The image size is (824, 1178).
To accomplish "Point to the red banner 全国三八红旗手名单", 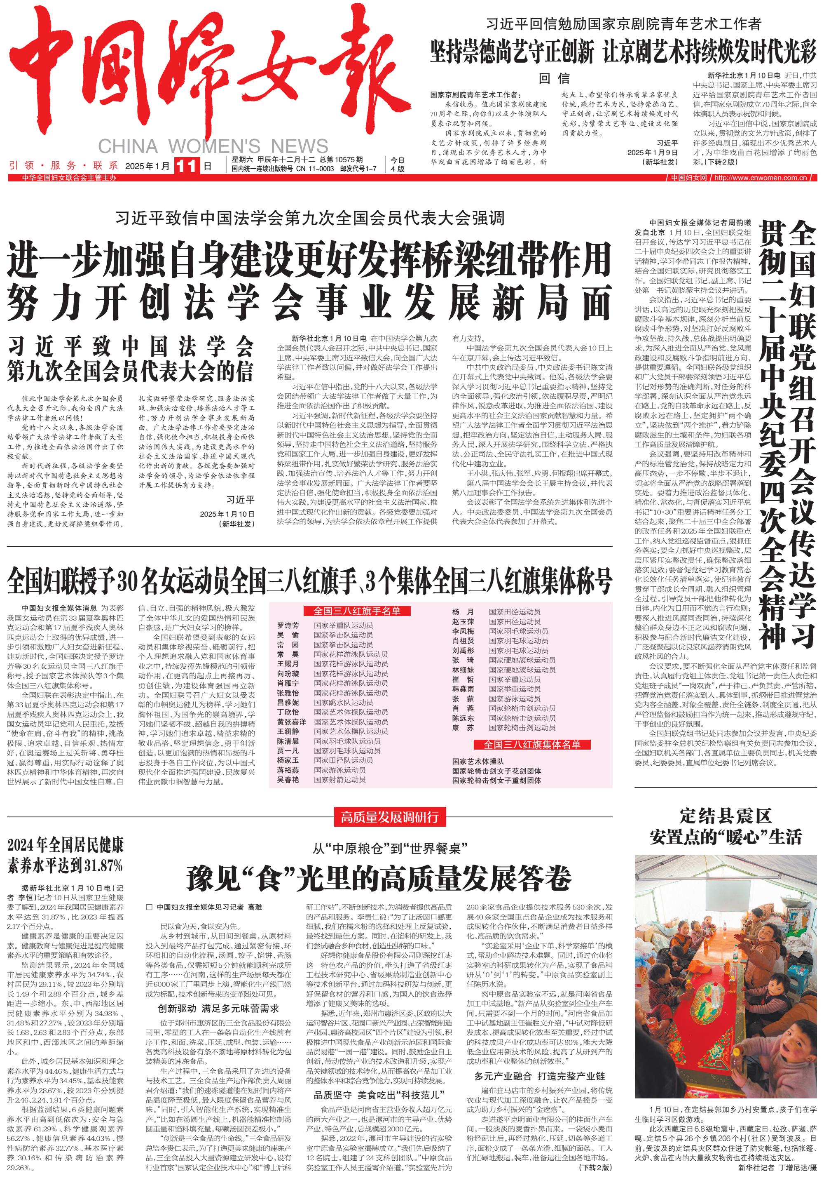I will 357,611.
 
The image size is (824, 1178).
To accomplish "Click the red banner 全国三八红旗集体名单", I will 532,745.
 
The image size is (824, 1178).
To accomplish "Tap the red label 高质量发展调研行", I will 390,817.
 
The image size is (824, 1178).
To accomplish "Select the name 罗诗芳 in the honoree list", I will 288,625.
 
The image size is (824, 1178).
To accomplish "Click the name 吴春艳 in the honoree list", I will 288,779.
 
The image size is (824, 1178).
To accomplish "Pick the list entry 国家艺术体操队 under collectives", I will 478,762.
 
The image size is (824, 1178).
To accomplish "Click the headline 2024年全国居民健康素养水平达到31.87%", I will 65,855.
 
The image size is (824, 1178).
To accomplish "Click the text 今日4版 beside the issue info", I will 398,164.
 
